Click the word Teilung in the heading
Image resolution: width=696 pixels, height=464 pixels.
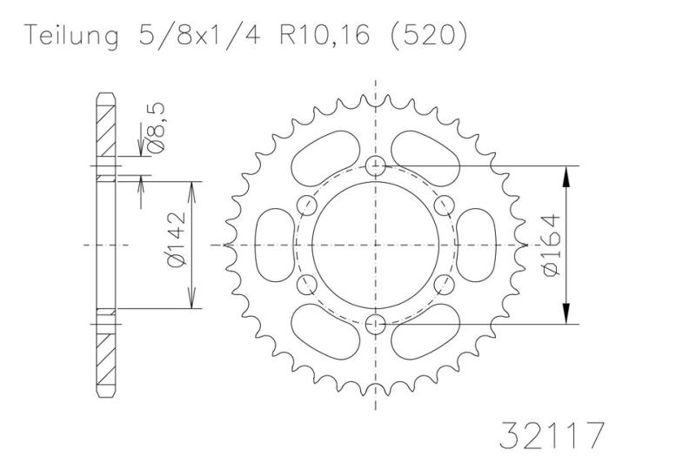tap(71, 36)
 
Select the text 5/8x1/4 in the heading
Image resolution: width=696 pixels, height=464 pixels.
tap(199, 35)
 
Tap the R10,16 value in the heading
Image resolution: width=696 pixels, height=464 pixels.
tap(325, 35)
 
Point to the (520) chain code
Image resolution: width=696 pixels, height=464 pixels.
tap(428, 36)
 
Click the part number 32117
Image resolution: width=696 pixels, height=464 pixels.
tap(552, 435)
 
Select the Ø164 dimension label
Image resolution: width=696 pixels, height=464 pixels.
tap(552, 245)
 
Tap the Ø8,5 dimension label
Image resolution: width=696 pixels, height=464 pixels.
tap(156, 128)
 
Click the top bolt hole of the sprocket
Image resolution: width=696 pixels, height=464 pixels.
tap(376, 166)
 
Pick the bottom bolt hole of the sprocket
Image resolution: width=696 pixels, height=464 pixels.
tap(376, 324)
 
